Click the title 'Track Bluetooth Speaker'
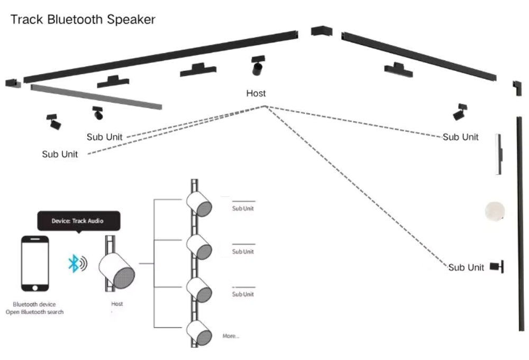coord(83,20)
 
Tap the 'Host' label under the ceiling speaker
coord(256,94)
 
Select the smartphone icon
coord(35,263)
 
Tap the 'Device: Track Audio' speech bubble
coord(78,221)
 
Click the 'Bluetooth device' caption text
coord(34,304)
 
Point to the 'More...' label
coord(231,336)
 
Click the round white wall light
coord(495,211)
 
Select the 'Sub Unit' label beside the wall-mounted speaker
coord(466,267)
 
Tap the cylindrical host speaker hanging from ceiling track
coord(258,67)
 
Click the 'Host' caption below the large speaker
coord(117,304)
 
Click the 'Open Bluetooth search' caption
coord(34,312)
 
